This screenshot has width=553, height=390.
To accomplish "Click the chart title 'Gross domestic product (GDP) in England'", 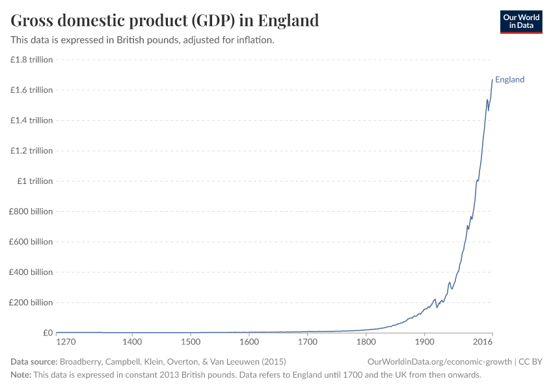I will coord(165,21).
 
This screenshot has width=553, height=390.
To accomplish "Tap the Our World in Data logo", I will coord(520,21).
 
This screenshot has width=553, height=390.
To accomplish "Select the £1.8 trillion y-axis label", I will coord(31,60).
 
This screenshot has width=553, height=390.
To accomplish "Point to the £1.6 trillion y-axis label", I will coord(31,90).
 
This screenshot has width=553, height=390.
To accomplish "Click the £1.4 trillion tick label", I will coord(31,120).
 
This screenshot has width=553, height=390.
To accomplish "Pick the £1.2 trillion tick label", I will coord(31,151).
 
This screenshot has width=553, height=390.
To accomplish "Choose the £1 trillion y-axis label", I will coord(36,181).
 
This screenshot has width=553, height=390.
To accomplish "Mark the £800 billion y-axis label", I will coord(31,211).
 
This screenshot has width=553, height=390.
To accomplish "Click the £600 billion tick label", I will coord(31,242).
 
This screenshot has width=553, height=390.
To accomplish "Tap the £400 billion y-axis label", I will coord(31,272).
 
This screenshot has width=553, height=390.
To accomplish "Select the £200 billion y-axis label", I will coord(31,302).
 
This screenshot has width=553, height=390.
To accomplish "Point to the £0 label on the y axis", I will coord(47,333).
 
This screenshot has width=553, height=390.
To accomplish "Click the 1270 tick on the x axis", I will coord(66,342).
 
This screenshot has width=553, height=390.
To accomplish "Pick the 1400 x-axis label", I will coord(132,342).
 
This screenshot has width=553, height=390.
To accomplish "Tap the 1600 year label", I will coord(249,342).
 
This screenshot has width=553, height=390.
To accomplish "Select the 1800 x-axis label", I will coord(366,342).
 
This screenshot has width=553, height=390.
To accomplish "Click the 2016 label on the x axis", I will coord(483,342).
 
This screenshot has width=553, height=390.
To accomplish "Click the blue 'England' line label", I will coord(509,80).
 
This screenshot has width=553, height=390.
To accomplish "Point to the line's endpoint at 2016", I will coord(492,80).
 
